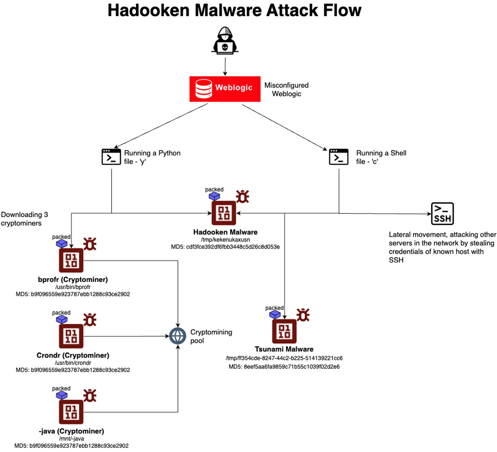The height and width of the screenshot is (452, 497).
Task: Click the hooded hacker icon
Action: coord(225,41)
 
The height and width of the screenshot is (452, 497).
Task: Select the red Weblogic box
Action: coord(225,89)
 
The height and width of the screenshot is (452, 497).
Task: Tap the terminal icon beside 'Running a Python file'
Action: coord(111,157)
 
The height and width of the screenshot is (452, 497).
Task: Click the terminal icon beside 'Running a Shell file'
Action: coord(339,157)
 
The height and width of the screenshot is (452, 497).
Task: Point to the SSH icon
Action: coord(442,214)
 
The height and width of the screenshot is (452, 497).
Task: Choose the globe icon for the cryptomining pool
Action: coord(177,336)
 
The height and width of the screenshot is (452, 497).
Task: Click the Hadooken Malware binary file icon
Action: coord(224,213)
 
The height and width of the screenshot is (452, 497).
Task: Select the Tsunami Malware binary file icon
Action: coord(284,331)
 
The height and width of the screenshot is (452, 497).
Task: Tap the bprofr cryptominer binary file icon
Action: coord(71,260)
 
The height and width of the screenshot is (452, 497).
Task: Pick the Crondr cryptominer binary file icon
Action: coord(71,336)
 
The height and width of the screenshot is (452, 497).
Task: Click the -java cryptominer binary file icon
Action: coord(71,412)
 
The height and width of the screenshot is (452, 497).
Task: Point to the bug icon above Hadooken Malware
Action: coord(242,196)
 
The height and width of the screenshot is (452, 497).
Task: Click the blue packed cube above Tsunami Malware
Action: coord(275,315)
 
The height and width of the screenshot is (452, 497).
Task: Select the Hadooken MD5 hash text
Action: coord(225,247)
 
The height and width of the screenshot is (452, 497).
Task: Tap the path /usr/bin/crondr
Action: coord(73,363)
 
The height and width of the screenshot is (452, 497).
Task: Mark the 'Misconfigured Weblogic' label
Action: coord(286,89)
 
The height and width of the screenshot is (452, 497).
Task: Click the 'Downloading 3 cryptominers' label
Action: coord(24,219)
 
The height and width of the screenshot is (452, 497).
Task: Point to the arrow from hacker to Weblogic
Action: coord(225,67)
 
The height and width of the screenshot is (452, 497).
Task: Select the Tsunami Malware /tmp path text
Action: coord(284,358)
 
